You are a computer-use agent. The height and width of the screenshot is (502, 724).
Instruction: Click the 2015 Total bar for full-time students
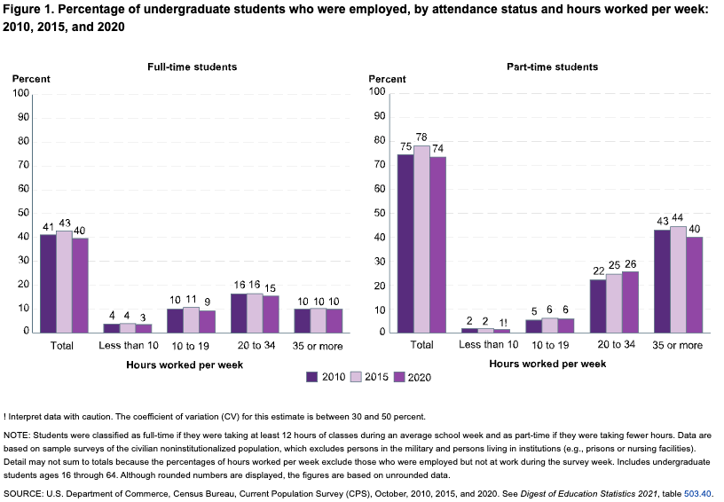click(x=64, y=281)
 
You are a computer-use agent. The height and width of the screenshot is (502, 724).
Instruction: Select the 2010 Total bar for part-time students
click(x=405, y=243)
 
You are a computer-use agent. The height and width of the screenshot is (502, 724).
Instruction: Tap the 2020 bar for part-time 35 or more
click(x=693, y=284)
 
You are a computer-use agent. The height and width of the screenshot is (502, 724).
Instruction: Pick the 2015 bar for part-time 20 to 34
click(x=614, y=302)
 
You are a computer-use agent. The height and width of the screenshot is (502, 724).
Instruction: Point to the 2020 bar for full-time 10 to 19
click(x=207, y=321)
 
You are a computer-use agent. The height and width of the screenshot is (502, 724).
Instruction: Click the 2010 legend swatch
click(x=311, y=376)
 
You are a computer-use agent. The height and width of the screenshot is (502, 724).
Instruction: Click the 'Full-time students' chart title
click(x=192, y=67)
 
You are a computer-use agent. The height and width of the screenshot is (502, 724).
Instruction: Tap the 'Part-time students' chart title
click(x=552, y=67)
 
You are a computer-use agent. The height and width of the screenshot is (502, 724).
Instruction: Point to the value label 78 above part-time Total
click(x=421, y=137)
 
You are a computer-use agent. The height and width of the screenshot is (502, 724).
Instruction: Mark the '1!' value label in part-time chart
click(x=502, y=321)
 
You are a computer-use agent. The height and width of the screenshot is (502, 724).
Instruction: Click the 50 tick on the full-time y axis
click(x=23, y=213)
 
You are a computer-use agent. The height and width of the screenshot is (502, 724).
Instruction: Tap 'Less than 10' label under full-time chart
click(x=128, y=345)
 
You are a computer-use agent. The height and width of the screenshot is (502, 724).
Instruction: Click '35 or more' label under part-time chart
click(x=677, y=345)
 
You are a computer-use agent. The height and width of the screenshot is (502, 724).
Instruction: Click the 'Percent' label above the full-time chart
click(x=31, y=79)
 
